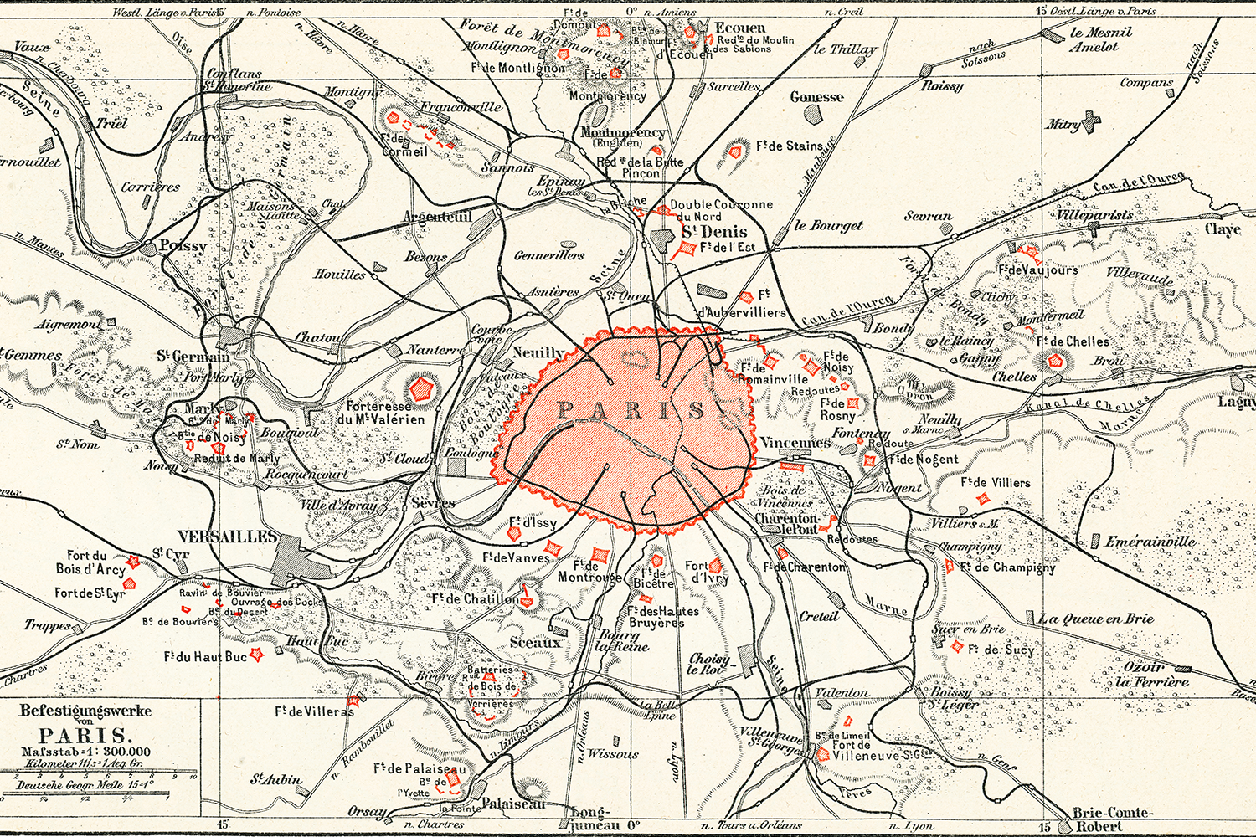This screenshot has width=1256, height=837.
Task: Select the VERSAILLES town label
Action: (x=227, y=536)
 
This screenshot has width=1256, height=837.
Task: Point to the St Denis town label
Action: (x=713, y=232)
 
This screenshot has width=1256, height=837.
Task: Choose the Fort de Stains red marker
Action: (x=737, y=152)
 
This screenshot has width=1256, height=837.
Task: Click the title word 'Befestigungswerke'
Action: (x=85, y=711)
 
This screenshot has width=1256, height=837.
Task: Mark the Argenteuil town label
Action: (x=438, y=217)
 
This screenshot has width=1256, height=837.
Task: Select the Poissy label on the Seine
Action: (x=183, y=245)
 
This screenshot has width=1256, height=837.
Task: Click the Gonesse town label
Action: (x=816, y=97)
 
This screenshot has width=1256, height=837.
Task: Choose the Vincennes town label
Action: (x=795, y=443)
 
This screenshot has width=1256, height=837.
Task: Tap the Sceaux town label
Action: (x=535, y=642)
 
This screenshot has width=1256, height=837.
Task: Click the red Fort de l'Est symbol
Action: (x=687, y=249)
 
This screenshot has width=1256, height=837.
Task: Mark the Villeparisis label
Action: (x=1094, y=215)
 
